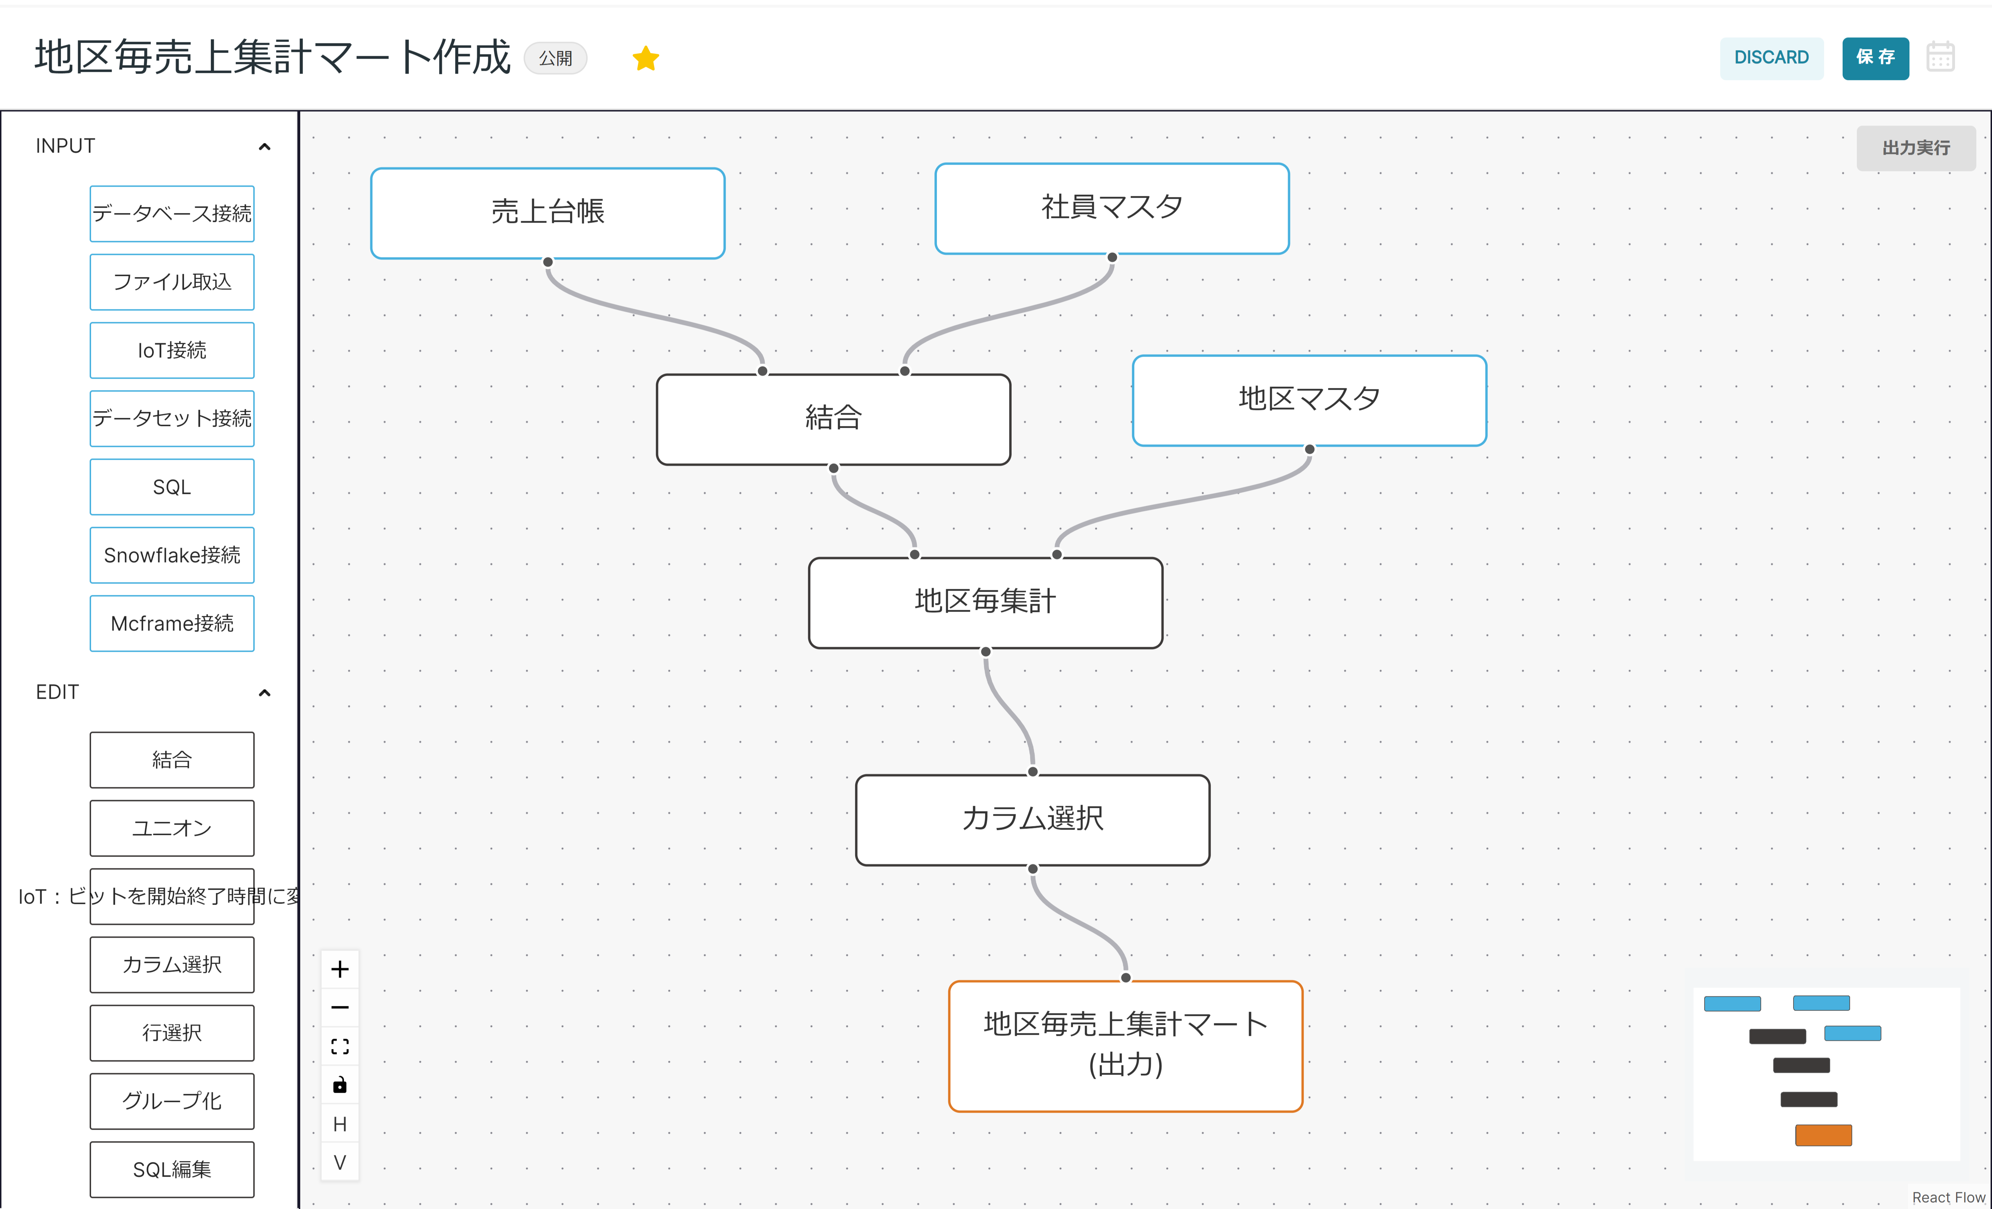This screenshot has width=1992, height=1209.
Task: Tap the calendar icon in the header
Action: click(1940, 57)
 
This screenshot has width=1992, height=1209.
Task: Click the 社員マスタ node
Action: click(1112, 208)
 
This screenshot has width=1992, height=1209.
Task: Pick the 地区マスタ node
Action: click(1309, 400)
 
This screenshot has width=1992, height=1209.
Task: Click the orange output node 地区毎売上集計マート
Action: click(1125, 1046)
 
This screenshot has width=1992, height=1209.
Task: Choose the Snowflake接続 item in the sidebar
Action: click(172, 555)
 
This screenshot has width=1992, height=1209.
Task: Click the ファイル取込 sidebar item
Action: click(172, 282)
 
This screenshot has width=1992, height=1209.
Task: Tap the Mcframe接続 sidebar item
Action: click(172, 623)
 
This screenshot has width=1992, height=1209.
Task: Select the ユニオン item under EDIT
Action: click(172, 829)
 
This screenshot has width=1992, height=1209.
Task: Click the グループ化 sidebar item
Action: click(172, 1102)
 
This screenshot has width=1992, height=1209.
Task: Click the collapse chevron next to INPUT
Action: click(264, 146)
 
